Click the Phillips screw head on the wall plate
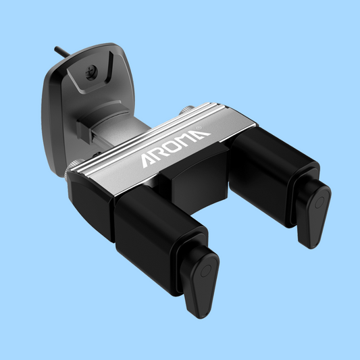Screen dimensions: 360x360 pos(92,72)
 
